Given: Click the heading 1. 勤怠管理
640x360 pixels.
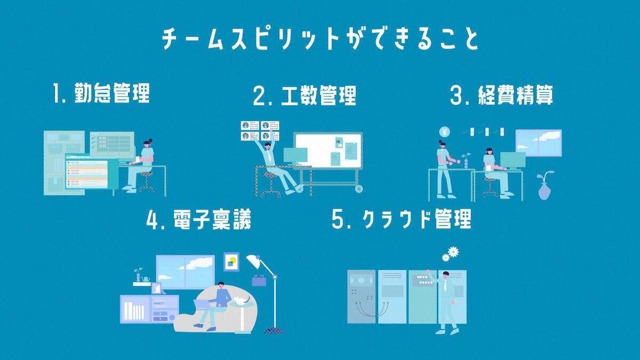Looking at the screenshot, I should click(x=101, y=94).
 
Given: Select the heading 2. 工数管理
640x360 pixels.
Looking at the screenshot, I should click(x=305, y=96).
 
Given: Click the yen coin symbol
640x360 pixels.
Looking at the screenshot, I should click(x=444, y=132).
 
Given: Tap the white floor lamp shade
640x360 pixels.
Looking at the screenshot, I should click(x=253, y=261).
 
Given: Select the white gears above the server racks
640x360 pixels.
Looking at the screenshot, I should click(x=450, y=253).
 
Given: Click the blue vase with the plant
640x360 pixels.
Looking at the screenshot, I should click(x=544, y=189).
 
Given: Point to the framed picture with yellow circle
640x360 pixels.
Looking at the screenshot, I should click(x=231, y=262).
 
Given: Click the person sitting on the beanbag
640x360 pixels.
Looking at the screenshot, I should click(x=216, y=301).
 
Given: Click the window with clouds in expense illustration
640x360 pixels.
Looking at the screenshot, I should click(x=538, y=142).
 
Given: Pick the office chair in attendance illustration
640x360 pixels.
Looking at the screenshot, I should click(x=146, y=181).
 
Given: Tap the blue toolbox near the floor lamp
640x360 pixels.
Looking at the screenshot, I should click(x=259, y=280).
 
